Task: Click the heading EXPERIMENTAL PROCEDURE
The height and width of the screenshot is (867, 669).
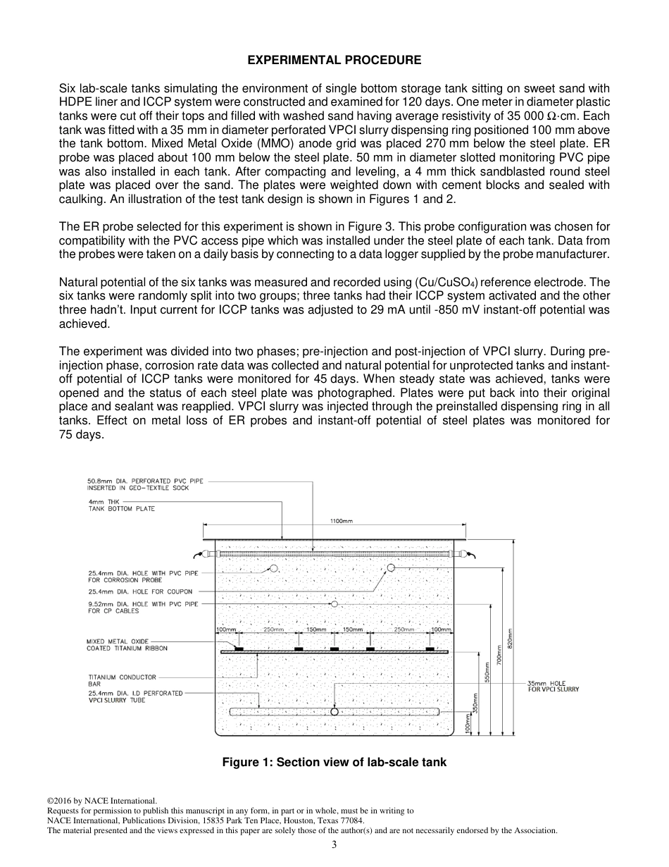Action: click(334, 61)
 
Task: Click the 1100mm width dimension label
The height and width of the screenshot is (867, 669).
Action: click(342, 521)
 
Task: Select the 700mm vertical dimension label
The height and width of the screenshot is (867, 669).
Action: click(499, 656)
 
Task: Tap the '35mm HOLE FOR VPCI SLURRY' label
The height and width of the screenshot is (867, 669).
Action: click(554, 686)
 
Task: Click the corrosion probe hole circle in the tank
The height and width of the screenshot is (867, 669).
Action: click(274, 568)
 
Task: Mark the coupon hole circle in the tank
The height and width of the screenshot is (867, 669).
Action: click(391, 567)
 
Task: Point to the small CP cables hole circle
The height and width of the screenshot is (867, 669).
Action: click(334, 604)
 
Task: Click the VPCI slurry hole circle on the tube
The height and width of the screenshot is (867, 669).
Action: click(334, 712)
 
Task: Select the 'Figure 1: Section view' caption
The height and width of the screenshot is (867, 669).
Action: click(334, 762)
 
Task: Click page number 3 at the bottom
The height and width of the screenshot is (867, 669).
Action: click(334, 844)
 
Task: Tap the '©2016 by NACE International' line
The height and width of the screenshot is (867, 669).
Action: click(101, 801)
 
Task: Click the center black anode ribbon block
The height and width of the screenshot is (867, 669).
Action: click(334, 648)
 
